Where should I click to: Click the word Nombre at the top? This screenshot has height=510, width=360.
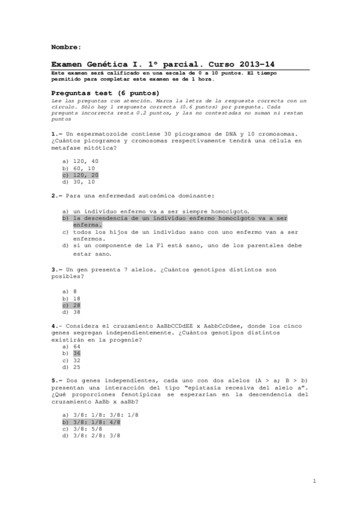66,46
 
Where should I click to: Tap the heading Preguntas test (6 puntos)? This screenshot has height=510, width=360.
105,93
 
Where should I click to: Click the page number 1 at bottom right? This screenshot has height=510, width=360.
314,481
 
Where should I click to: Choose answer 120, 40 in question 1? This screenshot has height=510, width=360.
85,161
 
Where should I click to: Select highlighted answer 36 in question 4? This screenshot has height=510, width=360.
77,353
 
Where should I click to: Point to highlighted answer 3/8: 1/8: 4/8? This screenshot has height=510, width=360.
97,422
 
